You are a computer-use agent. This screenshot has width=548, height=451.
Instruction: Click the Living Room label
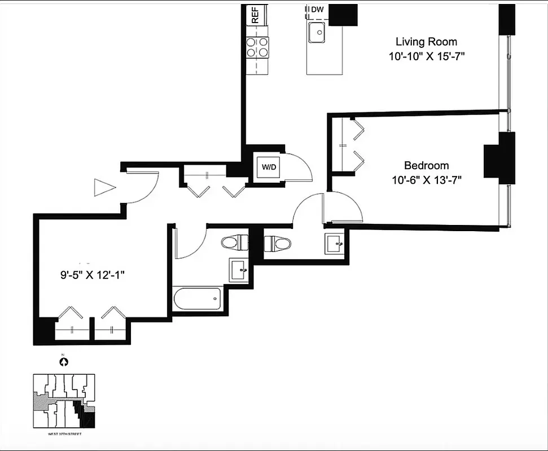[x=426, y=42]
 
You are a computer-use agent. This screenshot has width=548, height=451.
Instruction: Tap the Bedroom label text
[x=426, y=166]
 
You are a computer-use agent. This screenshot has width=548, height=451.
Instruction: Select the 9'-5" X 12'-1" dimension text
[x=92, y=276]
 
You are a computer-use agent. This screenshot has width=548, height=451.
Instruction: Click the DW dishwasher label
[x=318, y=9]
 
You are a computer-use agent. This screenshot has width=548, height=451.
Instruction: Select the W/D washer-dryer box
[x=268, y=167]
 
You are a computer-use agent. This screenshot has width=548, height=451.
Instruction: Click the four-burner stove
[x=257, y=47]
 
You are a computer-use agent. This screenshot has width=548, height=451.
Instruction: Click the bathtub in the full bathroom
[x=197, y=299]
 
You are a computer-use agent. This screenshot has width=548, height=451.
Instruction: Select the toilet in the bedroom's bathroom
[x=277, y=244]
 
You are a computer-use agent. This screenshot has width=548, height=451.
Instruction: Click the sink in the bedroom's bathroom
[x=334, y=244]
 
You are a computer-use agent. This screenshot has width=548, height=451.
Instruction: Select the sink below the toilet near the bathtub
[x=239, y=270]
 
